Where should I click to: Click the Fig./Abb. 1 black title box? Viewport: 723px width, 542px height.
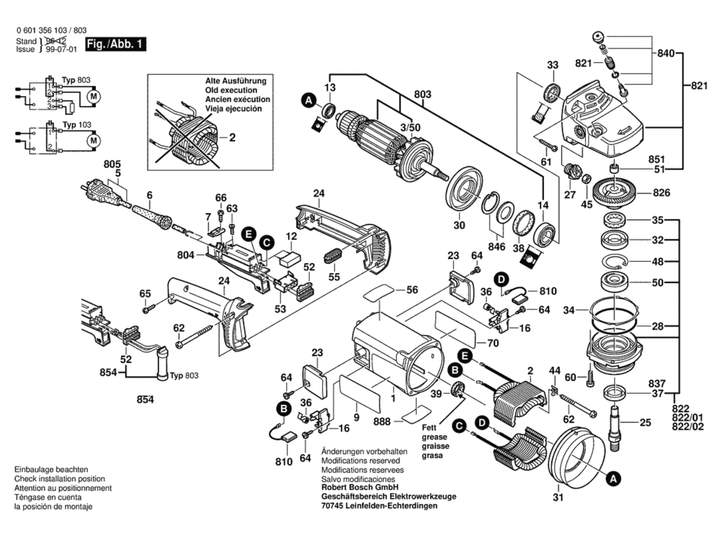115,44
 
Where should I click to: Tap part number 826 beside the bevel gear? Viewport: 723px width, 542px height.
661,193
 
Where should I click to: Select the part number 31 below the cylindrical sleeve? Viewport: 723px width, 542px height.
558,497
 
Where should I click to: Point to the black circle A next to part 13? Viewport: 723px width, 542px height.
309,100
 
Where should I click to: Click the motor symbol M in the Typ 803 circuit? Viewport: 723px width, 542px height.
93,96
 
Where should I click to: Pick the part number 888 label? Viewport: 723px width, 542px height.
382,421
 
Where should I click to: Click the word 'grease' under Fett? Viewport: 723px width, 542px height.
434,437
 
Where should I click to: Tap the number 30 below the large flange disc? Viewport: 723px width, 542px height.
459,225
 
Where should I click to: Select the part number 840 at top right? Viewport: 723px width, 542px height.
666,53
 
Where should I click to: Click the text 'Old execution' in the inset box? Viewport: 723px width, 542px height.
231,90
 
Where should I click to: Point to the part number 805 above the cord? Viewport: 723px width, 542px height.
112,164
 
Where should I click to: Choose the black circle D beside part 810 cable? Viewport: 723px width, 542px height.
501,280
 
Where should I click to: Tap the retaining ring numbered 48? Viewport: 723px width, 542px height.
615,261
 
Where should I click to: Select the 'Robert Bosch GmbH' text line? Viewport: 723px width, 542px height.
360,487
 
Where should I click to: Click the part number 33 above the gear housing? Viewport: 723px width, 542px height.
553,65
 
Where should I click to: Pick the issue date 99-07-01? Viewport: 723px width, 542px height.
61,49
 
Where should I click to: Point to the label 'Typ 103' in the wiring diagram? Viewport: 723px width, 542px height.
77,125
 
